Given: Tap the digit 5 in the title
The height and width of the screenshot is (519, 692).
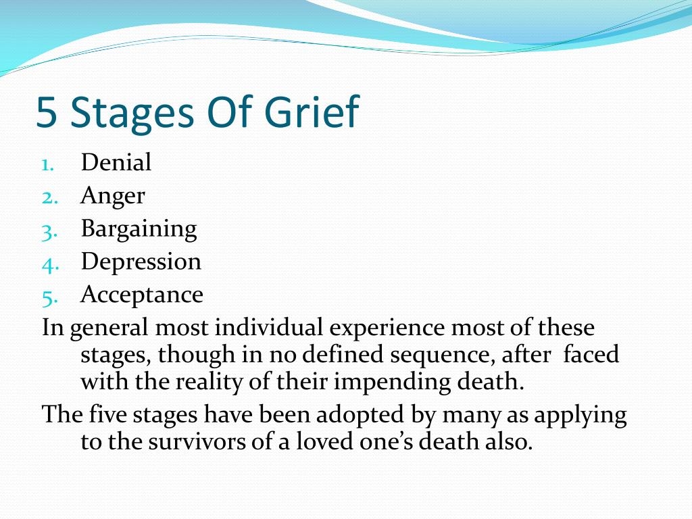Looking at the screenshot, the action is pyautogui.click(x=47, y=112).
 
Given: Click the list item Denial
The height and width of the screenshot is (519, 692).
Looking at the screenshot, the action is pyautogui.click(x=116, y=162).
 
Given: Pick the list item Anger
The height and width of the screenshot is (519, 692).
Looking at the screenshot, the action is pyautogui.click(x=113, y=197).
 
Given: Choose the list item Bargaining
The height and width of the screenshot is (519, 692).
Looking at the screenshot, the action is pyautogui.click(x=139, y=230).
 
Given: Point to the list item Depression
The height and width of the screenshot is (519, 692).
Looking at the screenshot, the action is pyautogui.click(x=141, y=262).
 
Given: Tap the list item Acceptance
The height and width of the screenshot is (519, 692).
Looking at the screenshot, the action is pyautogui.click(x=142, y=295).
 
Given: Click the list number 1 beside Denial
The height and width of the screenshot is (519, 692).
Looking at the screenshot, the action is pyautogui.click(x=48, y=165).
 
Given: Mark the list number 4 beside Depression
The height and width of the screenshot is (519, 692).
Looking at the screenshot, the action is pyautogui.click(x=50, y=265).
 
